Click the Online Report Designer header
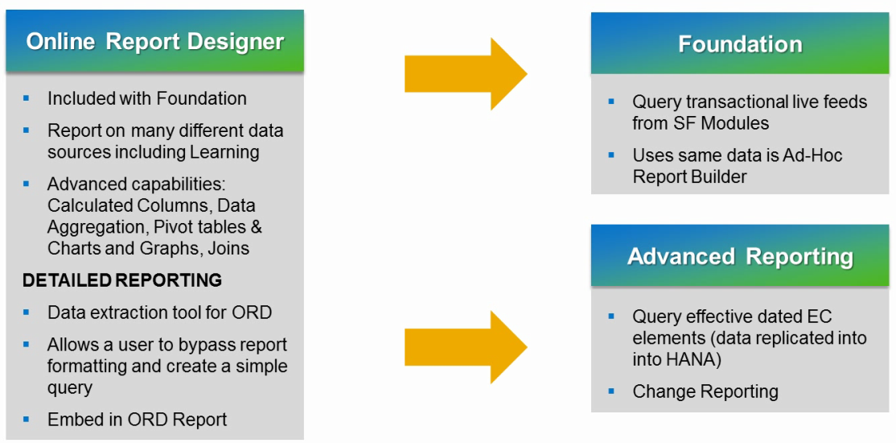tap(154, 42)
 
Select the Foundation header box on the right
tap(740, 44)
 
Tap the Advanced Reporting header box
tap(740, 256)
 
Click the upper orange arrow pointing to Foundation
tap(466, 74)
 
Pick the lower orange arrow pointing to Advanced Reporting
tap(466, 347)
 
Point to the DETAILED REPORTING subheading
tap(122, 280)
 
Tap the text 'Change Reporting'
tap(705, 391)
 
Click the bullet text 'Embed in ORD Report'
tap(137, 420)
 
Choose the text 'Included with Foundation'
tap(147, 98)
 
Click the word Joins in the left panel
tap(228, 248)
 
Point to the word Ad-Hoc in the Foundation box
tap(813, 155)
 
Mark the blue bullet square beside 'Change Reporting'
tap(611, 391)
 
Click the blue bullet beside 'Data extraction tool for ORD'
tap(27, 312)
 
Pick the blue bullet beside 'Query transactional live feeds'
tap(611, 101)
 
